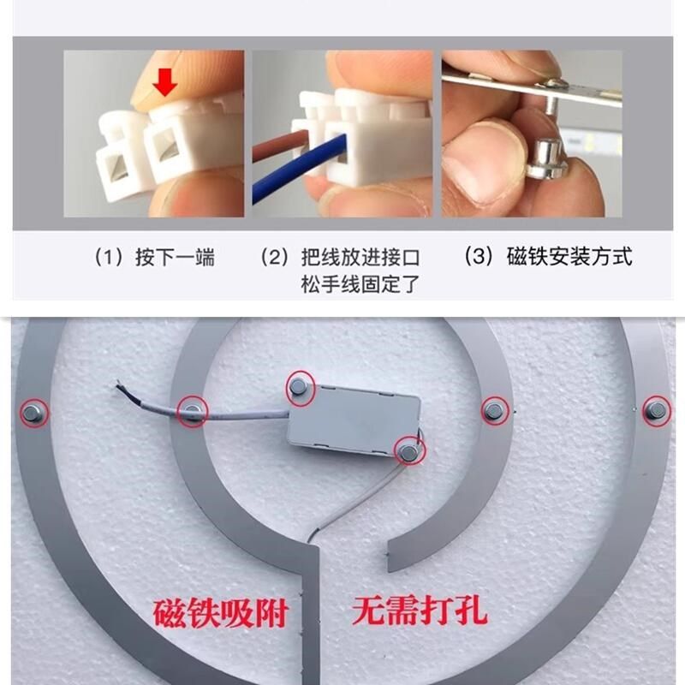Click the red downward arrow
(x=166, y=84)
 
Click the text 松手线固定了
(x=360, y=284)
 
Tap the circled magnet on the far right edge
(x=655, y=410)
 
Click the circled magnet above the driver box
(x=300, y=387)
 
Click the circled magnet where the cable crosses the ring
(x=193, y=413)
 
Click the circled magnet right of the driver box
(x=493, y=411)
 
